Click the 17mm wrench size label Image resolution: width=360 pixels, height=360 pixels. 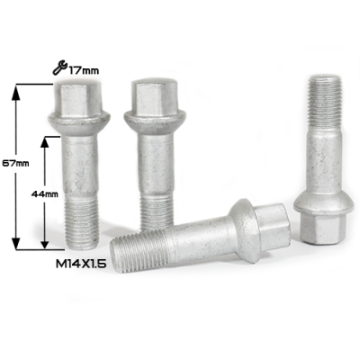pos(84,71)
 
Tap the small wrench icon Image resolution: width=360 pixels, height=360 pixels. pos(59,67)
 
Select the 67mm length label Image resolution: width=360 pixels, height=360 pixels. pos(15,163)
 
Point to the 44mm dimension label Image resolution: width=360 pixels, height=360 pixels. pos(45,194)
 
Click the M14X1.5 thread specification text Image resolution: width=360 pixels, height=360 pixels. pos(81,264)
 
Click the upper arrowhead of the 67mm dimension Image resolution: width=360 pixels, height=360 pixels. pos(15,92)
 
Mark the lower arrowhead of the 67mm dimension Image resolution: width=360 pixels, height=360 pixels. pos(15,242)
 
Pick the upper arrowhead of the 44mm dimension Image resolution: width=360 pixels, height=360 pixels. pos(45,143)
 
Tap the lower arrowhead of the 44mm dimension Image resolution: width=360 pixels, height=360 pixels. pos(45,242)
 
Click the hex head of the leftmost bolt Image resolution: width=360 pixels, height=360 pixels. pos(79,97)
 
